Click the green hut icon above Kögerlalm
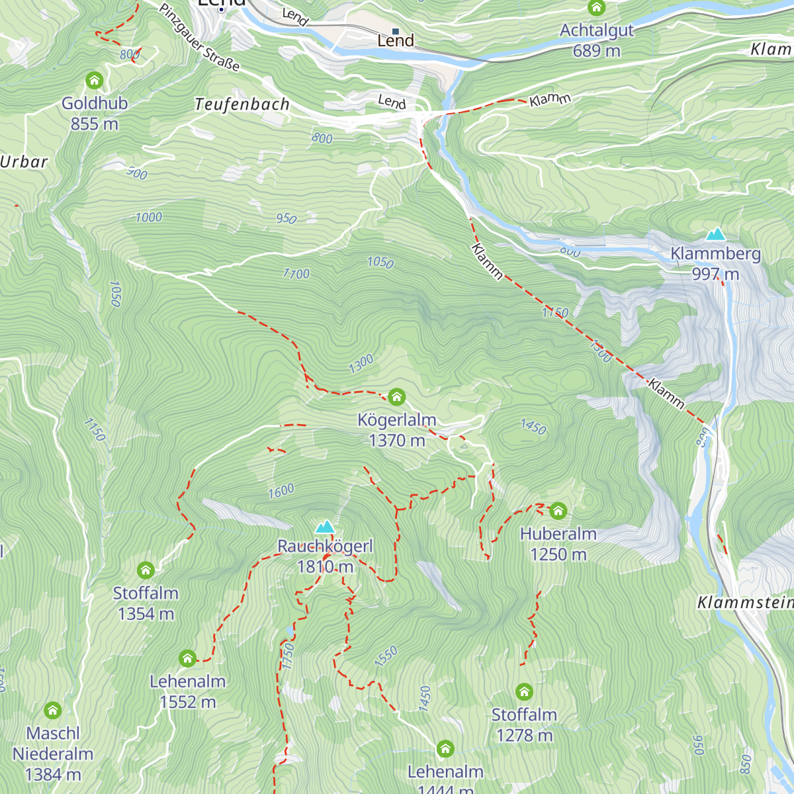tap(396, 396)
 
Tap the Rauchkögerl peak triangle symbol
tap(325, 527)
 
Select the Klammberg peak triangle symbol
tap(715, 234)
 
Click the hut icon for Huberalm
tap(558, 511)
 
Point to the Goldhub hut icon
tap(95, 81)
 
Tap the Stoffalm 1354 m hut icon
tap(146, 570)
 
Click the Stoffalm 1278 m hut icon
tap(524, 692)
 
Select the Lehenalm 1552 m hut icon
tap(187, 658)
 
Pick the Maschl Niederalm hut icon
tap(53, 711)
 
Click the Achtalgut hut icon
tap(597, 8)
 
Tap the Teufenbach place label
tap(242, 105)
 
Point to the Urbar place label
tap(24, 162)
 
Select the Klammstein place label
tap(745, 603)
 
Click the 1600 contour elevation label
tap(281, 491)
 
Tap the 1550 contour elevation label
tap(386, 656)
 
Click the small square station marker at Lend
tap(396, 31)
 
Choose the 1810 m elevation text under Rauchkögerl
tap(325, 567)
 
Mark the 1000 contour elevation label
tap(148, 218)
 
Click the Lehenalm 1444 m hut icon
tap(445, 749)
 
